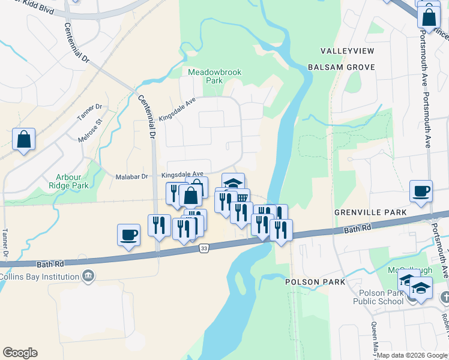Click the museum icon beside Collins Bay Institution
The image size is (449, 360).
pyautogui.click(x=88, y=277)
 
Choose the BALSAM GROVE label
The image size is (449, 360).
pyautogui.click(x=341, y=67)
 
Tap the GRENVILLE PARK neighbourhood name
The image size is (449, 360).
pyautogui.click(x=371, y=212)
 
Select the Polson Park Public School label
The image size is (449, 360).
pyautogui.click(x=381, y=297)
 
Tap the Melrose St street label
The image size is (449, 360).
pyautogui.click(x=91, y=129)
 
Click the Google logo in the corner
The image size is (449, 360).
pyautogui.click(x=20, y=353)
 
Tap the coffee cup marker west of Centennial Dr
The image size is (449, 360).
pyautogui.click(x=128, y=235)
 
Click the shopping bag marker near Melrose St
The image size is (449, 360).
pyautogui.click(x=23, y=139)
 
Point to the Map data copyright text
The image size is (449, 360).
pyautogui.click(x=412, y=355)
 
